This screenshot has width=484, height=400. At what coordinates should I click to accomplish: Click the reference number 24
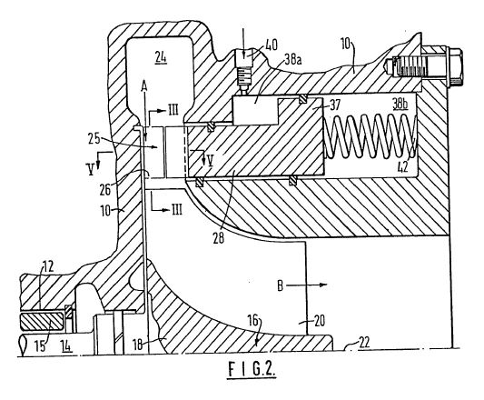point(161,57)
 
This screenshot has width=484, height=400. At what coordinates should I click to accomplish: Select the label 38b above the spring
point(400,104)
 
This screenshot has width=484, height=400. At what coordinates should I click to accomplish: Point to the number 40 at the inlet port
point(271,45)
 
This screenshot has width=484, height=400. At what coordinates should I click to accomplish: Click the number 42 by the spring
point(402,166)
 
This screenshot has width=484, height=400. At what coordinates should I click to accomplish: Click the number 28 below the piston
point(219,238)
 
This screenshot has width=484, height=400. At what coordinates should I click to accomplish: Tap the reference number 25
point(94,138)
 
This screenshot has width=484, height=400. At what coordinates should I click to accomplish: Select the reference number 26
point(104,189)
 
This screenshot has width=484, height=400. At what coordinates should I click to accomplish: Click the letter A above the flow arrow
point(143,87)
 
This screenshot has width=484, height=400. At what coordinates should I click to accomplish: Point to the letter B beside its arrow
point(281,286)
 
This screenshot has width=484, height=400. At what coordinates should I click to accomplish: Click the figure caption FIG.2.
point(252,369)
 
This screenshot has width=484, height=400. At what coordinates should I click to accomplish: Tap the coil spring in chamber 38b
point(370,136)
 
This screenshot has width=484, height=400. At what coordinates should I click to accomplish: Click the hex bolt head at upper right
point(454,65)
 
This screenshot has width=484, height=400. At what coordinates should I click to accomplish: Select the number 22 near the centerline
point(364,343)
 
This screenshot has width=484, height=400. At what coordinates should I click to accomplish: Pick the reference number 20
point(320,321)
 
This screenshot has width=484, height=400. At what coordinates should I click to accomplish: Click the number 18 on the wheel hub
point(139,345)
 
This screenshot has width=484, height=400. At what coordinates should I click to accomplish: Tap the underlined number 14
point(66,345)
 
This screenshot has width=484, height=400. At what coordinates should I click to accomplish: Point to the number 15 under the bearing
point(40,345)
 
